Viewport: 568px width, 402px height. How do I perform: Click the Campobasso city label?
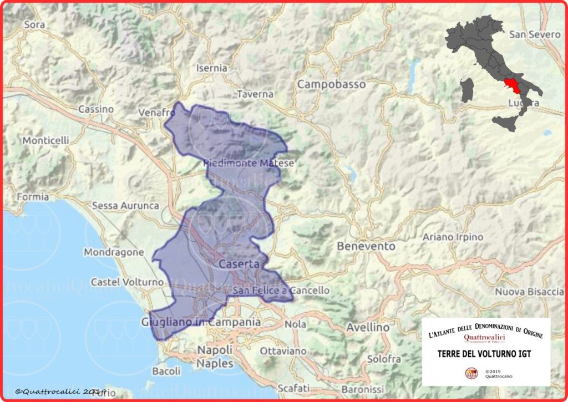click(332, 84)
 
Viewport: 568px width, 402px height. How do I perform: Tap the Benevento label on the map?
click(366, 246)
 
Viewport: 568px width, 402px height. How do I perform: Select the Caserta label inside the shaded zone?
click(239, 264)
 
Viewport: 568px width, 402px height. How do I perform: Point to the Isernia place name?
click(212, 68)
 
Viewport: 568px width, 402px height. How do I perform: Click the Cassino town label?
click(96, 109)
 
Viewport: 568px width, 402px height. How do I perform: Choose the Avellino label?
click(367, 327)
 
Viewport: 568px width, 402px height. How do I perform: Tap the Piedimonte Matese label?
click(248, 163)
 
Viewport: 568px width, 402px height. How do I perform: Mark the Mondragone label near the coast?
click(114, 252)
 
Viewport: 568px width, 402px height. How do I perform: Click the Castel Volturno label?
click(127, 282)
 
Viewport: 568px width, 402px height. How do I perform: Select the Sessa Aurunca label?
click(125, 206)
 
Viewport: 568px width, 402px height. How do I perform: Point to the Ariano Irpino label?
click(453, 237)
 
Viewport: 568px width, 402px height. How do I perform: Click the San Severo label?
click(535, 34)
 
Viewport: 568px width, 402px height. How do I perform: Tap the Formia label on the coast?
click(33, 196)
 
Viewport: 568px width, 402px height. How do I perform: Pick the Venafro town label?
click(157, 113)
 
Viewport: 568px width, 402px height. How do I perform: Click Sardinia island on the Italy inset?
click(468, 90)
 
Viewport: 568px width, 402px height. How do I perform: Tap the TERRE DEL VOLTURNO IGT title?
click(486, 353)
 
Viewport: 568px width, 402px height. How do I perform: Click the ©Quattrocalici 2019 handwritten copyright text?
click(61, 391)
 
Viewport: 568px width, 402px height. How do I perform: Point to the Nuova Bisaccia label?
click(529, 292)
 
